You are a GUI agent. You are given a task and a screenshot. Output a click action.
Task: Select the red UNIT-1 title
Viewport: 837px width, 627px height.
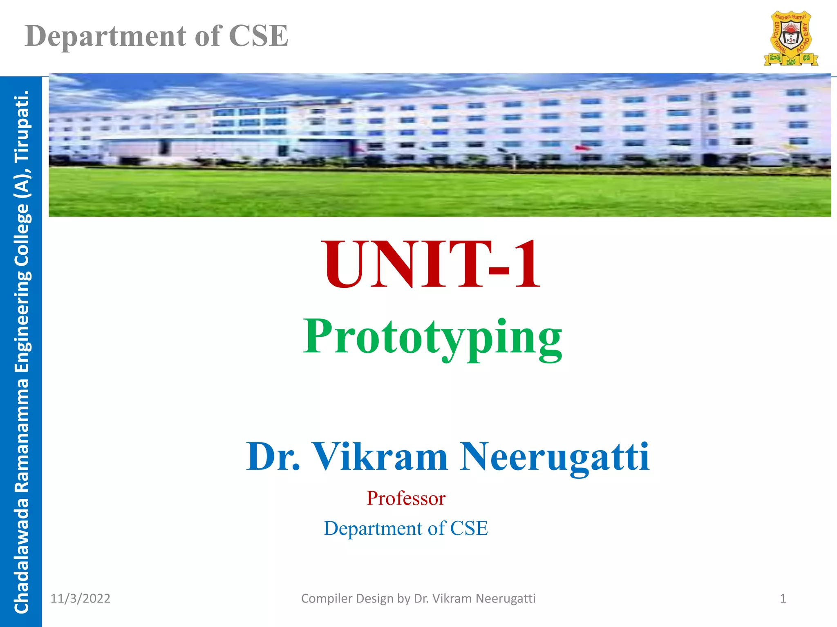pyautogui.click(x=432, y=265)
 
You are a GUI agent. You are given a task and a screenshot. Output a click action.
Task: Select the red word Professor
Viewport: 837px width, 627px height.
pyautogui.click(x=406, y=498)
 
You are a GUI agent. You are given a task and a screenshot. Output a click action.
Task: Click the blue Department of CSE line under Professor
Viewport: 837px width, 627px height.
pyautogui.click(x=406, y=528)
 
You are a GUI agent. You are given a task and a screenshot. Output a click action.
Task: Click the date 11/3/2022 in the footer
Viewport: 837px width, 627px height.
pyautogui.click(x=80, y=598)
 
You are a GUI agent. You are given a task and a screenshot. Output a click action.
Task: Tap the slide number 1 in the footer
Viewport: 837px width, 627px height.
pyautogui.click(x=783, y=598)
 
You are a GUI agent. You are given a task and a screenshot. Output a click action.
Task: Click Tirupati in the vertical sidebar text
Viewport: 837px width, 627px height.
pyautogui.click(x=21, y=127)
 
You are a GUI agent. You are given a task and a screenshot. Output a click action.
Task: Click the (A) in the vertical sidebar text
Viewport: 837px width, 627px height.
pyautogui.click(x=21, y=182)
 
